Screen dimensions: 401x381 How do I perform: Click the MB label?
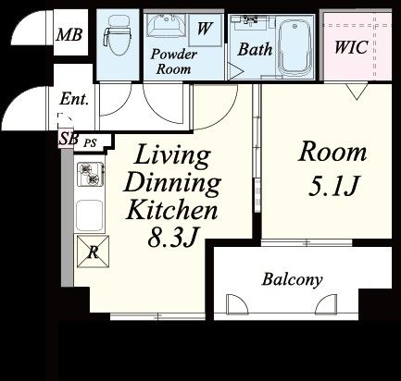[x=69, y=34]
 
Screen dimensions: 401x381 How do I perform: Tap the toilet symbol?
[x=118, y=35]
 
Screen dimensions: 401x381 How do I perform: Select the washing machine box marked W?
[x=205, y=30]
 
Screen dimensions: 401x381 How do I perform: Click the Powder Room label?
[x=173, y=62]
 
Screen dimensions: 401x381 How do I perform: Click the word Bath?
[x=255, y=49]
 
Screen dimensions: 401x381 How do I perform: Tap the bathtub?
[x=295, y=47]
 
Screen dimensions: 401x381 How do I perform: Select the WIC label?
[x=351, y=47]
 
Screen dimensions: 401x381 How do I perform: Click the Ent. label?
[x=74, y=99]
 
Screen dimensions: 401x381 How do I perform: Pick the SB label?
[x=69, y=139]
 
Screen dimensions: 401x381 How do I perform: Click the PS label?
[x=91, y=142]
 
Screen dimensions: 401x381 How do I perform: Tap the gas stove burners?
[x=89, y=174]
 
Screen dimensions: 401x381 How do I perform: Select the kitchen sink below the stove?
[x=89, y=215]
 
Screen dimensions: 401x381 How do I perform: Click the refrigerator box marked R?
[x=93, y=252]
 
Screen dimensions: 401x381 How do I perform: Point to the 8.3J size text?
[x=172, y=238]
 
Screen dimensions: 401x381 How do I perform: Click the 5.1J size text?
[x=333, y=187]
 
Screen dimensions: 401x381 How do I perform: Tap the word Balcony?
[x=292, y=279]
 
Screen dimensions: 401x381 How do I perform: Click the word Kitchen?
[x=171, y=210]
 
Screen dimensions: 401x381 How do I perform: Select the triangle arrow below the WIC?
[x=357, y=92]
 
